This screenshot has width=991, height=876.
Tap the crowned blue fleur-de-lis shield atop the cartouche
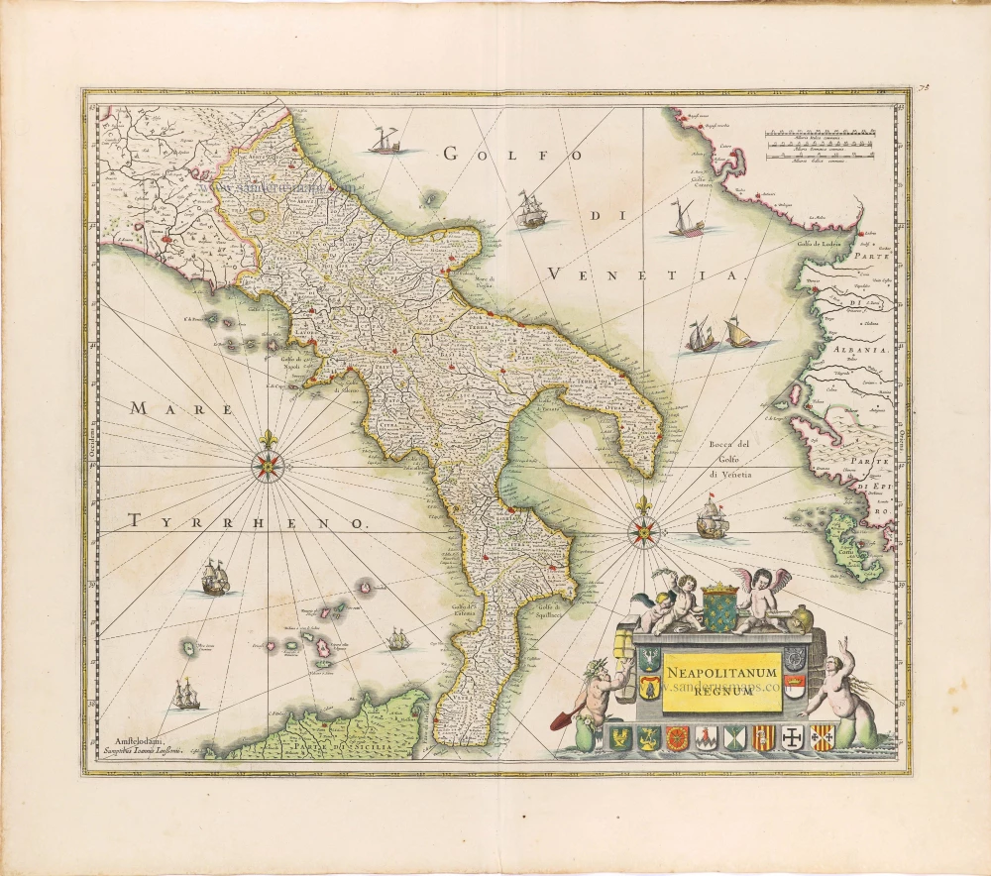coord(720,606)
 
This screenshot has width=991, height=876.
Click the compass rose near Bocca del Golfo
coord(645,532)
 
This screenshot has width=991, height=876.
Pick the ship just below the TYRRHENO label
coord(215,579)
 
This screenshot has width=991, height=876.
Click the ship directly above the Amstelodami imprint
coord(185,695)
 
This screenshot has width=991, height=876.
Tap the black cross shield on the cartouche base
coord(793,738)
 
